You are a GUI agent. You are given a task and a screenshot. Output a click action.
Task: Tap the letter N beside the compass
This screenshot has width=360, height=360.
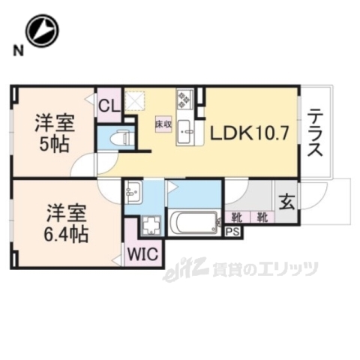(x=15, y=51)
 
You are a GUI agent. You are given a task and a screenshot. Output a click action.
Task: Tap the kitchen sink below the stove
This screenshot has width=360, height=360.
(x=184, y=133)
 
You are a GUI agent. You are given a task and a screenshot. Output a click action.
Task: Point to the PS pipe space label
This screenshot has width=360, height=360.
(x=234, y=232)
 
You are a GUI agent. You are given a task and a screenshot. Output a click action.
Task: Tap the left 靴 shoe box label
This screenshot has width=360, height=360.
(x=237, y=218)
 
